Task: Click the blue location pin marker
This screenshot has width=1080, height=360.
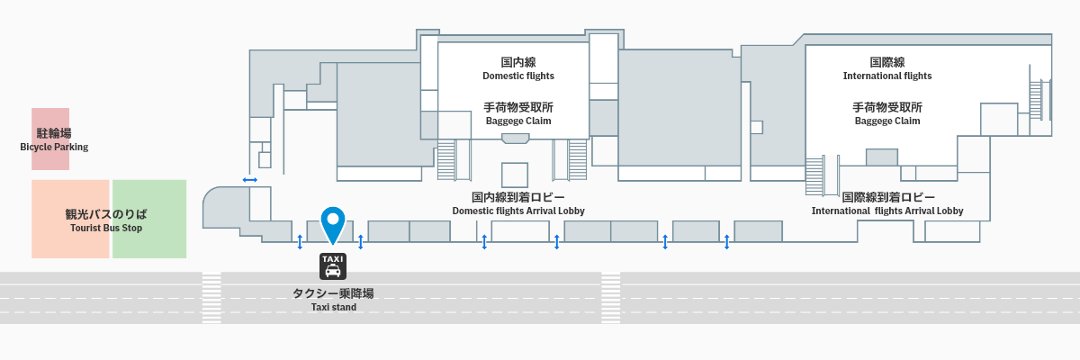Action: (333, 222)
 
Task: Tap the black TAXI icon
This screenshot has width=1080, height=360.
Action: (333, 265)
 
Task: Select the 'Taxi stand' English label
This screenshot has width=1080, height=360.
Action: (334, 307)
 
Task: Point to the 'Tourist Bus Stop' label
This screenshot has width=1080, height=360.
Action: (106, 228)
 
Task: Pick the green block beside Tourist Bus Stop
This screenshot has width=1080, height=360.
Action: (149, 219)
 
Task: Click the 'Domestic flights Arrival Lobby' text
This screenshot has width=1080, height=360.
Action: (518, 211)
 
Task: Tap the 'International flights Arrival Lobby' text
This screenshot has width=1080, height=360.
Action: (887, 211)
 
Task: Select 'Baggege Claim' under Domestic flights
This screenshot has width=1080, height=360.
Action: (518, 121)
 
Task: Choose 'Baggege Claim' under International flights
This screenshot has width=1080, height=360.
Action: (887, 121)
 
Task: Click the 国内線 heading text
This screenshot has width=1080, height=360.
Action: (518, 62)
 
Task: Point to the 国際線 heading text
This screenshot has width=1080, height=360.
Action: (887, 62)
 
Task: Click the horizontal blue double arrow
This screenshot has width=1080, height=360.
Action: (250, 180)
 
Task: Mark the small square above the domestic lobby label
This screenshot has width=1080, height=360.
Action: (515, 175)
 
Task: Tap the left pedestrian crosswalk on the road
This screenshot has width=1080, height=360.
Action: (211, 298)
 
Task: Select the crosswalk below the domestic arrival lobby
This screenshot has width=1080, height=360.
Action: (611, 298)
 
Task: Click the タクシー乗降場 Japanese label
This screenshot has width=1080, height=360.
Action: (334, 293)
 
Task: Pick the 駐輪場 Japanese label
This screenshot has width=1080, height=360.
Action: (54, 133)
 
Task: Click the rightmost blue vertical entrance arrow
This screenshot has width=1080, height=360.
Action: (726, 241)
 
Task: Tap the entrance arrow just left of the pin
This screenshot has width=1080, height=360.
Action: (300, 241)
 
